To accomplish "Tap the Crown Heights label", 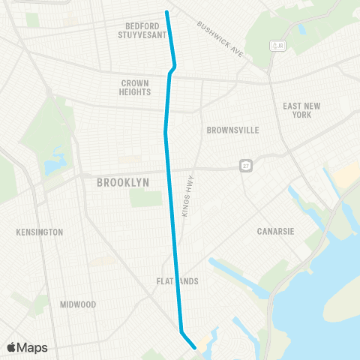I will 135,87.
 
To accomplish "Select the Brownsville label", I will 232,130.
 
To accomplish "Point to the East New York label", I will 301,110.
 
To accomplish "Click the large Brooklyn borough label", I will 123,182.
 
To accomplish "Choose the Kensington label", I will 39,232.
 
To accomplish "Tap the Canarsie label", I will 278,231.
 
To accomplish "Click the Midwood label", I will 78,304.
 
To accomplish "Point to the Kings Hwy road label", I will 188,196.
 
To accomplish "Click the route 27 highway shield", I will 245,165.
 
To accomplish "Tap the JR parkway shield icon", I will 278,46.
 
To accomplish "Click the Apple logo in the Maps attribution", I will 12,347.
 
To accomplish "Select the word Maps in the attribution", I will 32,347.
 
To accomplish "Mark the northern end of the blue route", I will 166,11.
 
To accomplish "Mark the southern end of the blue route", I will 195,347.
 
